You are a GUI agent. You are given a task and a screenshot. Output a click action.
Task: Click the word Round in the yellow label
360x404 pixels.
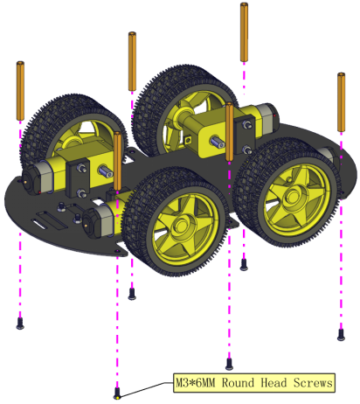click(x=238, y=383)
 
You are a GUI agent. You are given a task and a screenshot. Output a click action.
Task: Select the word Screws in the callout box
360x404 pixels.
click(x=313, y=383)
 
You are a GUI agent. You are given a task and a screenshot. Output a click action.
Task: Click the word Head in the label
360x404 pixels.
click(x=273, y=383)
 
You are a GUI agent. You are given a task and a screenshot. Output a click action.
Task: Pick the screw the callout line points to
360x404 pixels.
click(x=117, y=394)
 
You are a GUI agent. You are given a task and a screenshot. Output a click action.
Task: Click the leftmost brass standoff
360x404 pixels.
click(x=20, y=91)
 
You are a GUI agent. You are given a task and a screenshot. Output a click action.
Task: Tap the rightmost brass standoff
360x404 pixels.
click(x=342, y=102)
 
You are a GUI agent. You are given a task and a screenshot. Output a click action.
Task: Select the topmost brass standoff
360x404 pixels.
click(x=244, y=32)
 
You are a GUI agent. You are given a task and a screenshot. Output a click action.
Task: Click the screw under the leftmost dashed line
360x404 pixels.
click(x=20, y=324)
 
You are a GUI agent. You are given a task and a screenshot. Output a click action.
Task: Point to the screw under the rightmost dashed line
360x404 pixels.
click(x=341, y=335)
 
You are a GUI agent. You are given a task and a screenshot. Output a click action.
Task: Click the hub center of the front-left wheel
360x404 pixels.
click(x=182, y=226)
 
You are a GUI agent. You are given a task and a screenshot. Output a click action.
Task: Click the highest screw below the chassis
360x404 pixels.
click(x=244, y=265)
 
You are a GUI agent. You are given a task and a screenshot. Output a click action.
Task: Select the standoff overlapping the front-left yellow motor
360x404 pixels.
click(x=118, y=161)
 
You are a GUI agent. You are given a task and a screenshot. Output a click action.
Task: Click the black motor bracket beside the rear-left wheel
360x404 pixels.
click(x=78, y=178)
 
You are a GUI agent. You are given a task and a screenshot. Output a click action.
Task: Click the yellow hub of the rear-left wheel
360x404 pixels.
click(x=71, y=143)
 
